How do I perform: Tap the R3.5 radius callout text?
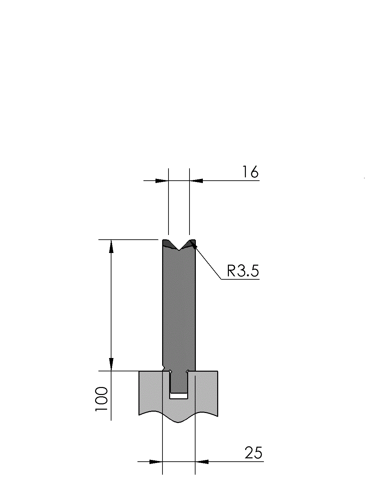click(x=243, y=271)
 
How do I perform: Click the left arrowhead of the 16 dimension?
click(x=162, y=181)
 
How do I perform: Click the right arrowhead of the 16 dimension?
click(x=196, y=181)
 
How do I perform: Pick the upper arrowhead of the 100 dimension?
click(x=111, y=246)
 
